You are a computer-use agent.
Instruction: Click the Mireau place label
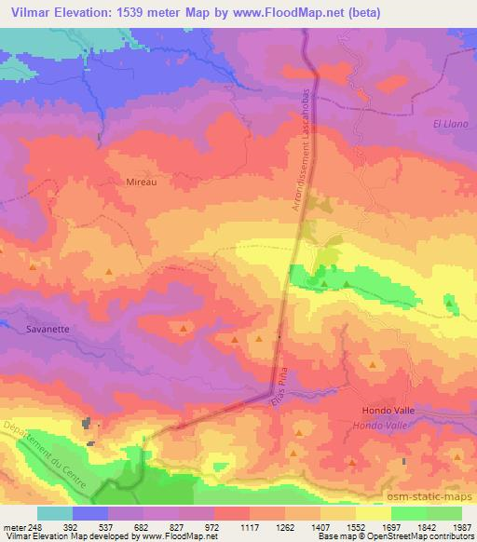click(141, 183)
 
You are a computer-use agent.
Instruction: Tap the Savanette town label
click(35, 329)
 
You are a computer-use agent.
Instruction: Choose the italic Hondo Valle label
click(382, 425)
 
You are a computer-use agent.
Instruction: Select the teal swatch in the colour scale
click(55, 513)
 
